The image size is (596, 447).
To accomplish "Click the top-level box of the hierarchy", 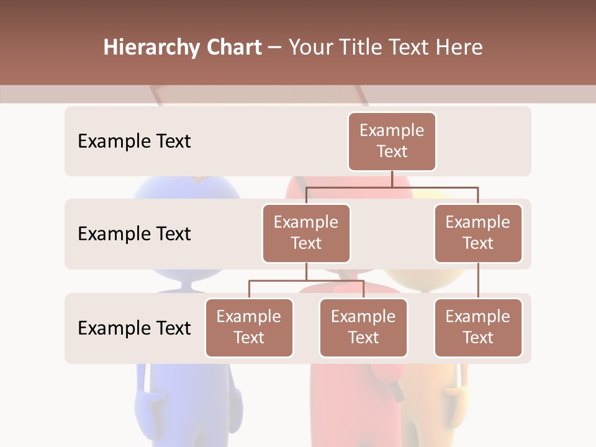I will [x=392, y=141].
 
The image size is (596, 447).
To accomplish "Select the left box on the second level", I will [x=306, y=233].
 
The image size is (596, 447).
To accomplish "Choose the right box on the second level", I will [x=478, y=233].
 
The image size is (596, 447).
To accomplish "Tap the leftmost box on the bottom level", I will [x=249, y=327].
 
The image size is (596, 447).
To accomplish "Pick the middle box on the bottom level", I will [x=363, y=327].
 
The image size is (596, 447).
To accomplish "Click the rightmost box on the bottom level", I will [x=478, y=327].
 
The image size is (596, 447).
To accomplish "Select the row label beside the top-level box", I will [x=134, y=142].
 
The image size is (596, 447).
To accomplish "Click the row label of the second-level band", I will [x=134, y=234].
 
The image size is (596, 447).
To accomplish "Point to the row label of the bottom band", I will [x=134, y=328].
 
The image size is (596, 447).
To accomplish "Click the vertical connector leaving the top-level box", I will [x=392, y=179].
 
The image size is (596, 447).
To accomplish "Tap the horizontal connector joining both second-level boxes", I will [x=392, y=187].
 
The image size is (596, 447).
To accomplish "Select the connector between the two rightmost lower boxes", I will [x=478, y=280].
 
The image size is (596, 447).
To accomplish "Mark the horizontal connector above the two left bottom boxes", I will [x=306, y=281].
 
